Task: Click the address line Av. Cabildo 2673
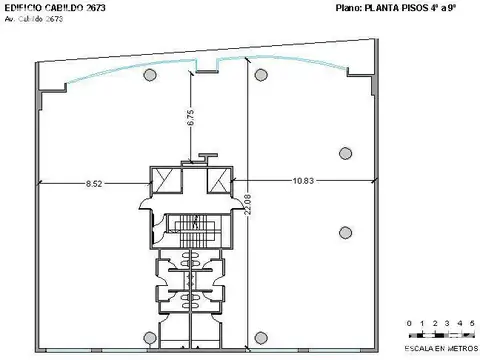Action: (x=41, y=19)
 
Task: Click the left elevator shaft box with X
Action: (x=164, y=179)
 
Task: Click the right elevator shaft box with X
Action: (x=218, y=179)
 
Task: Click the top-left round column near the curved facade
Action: (x=149, y=75)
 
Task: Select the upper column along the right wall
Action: (x=345, y=153)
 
